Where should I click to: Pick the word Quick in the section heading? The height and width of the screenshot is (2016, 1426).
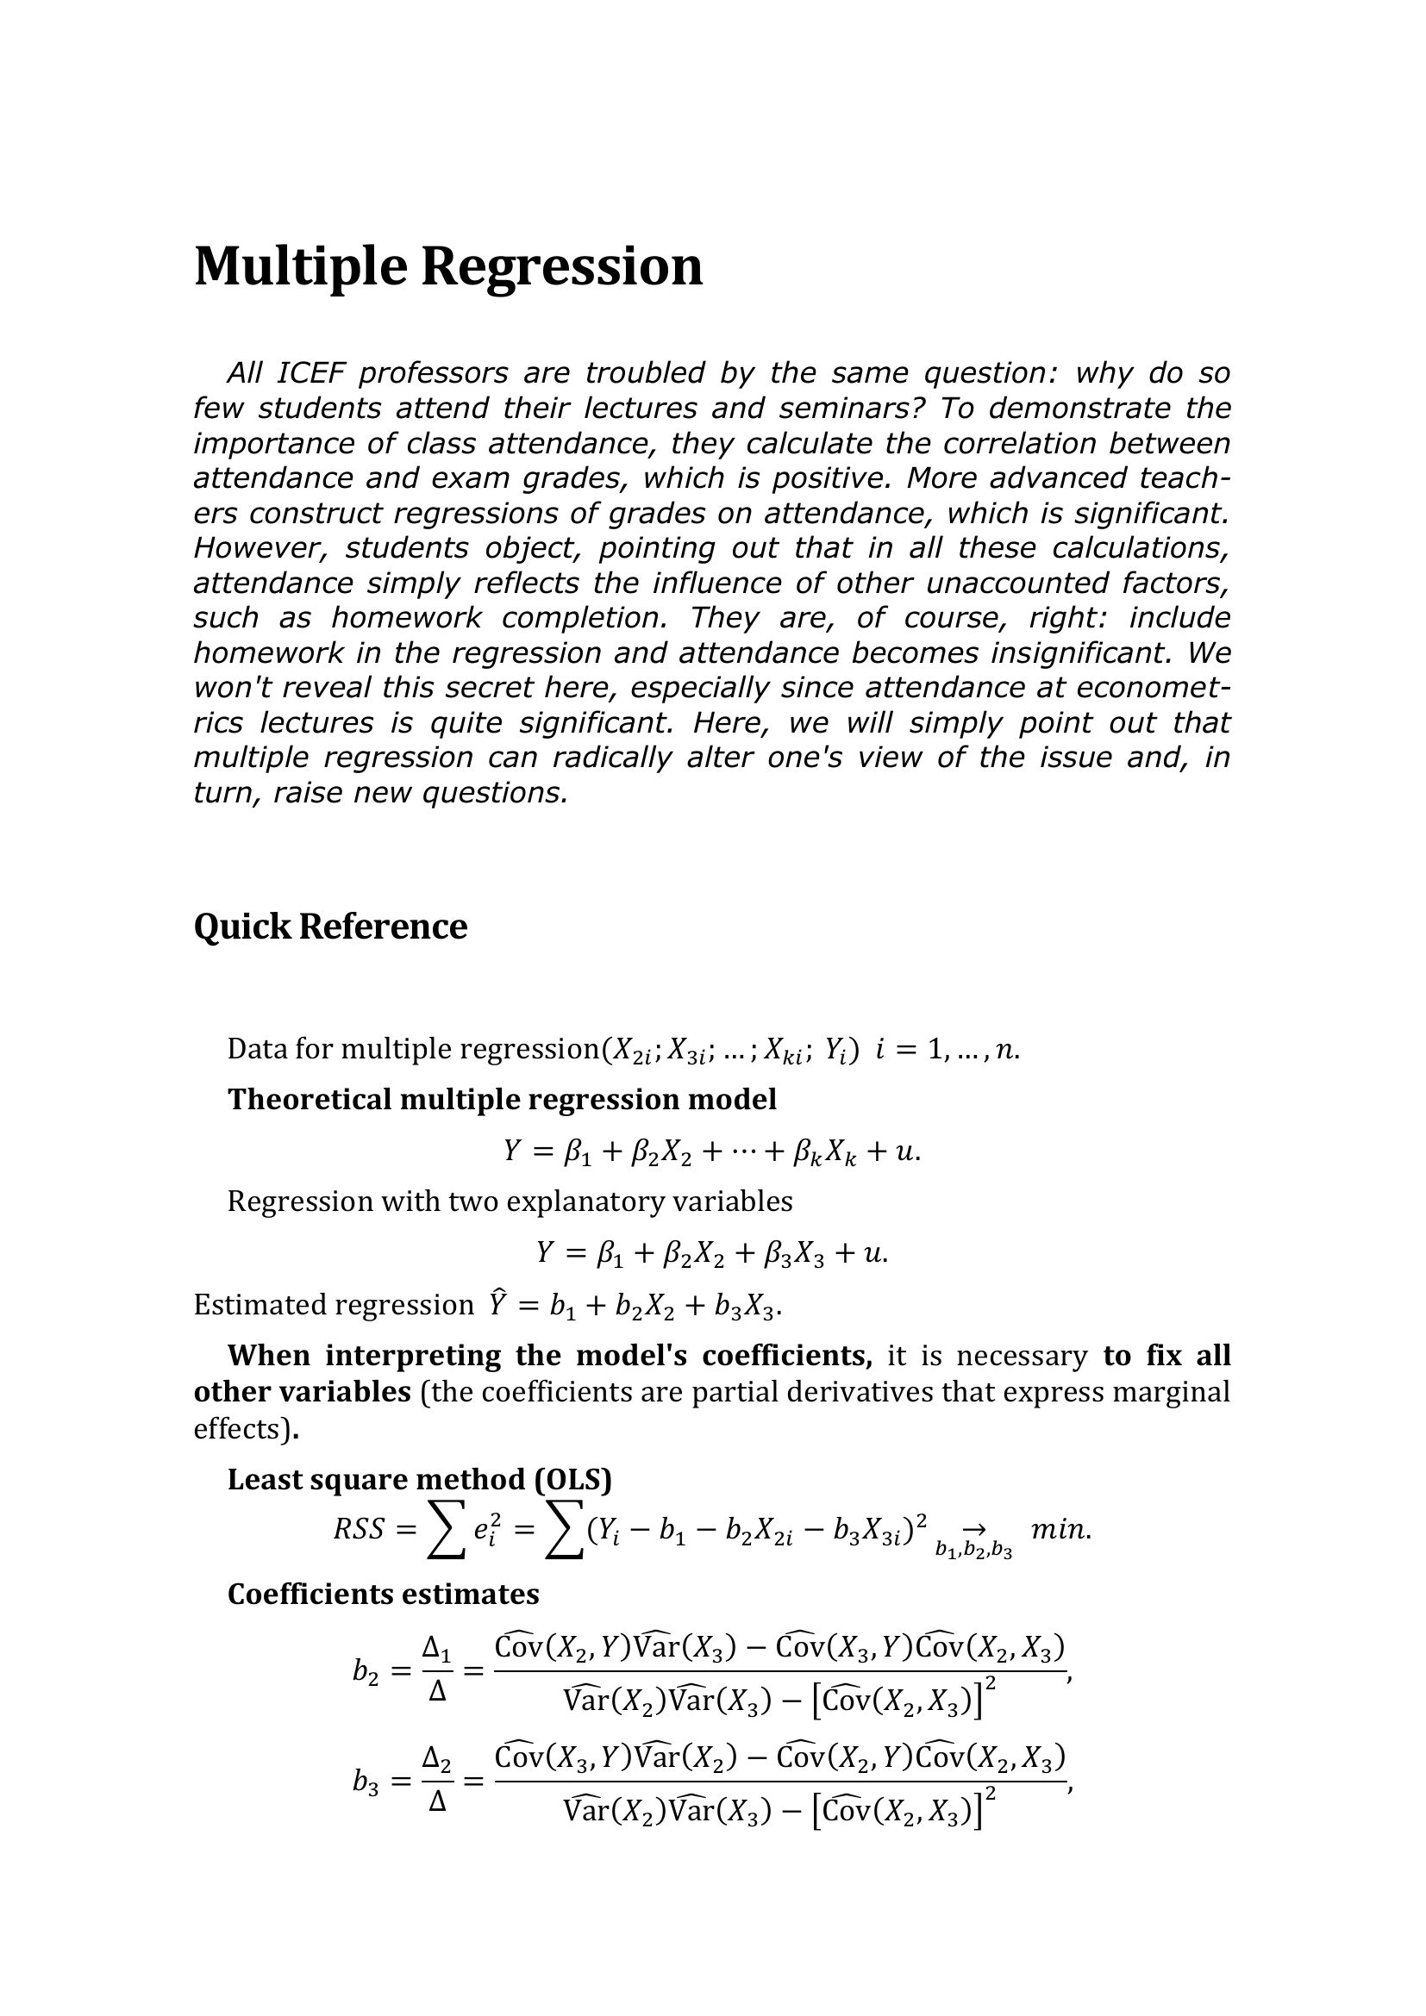[242, 927]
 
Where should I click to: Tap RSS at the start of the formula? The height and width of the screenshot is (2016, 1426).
[359, 1531]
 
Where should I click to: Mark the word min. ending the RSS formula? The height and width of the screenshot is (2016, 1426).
[1060, 1531]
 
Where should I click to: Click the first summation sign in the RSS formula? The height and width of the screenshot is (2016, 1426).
[445, 1532]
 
